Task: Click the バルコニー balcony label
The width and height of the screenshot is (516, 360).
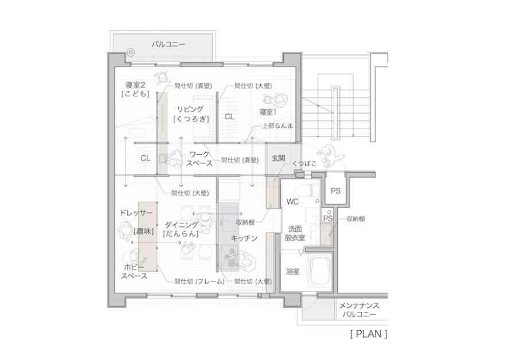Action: pos(169,44)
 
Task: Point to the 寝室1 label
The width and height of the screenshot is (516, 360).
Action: pos(268,112)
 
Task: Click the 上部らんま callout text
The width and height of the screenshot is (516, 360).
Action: pos(277,126)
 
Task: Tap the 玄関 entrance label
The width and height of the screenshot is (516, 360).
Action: pos(279,159)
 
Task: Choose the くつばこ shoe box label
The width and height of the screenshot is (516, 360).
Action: pos(304,163)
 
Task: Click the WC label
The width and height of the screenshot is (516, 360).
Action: pos(292,202)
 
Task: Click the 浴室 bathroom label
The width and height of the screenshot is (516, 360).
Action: pos(292,272)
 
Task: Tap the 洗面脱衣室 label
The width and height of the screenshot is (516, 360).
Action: pos(295,233)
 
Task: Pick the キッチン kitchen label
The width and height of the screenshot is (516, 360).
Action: pos(244,238)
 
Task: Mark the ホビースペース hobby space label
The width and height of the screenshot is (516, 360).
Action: pos(134,271)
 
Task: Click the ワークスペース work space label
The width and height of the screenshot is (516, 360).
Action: pos(200,159)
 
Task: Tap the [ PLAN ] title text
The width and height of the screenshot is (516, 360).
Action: pos(369,334)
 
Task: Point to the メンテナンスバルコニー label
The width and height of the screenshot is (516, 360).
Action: pos(359,310)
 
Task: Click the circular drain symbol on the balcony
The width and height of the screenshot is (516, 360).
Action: pos(131,52)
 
